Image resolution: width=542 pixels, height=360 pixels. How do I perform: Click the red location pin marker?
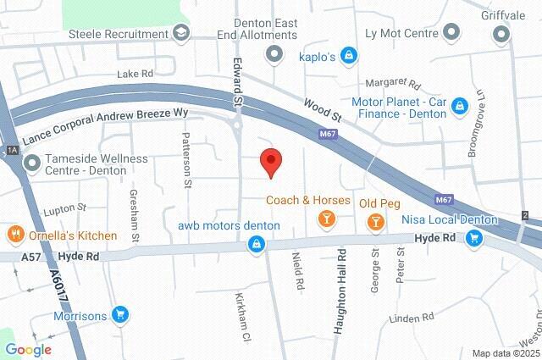pos(270,161)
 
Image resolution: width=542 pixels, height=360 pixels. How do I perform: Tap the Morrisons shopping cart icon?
pos(121,316)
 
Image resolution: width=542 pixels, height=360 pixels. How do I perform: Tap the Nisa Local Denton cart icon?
pos(474,240)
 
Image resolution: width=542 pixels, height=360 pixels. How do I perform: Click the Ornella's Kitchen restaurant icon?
pos(14,235)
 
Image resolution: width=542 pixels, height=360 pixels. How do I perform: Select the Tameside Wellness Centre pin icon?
pos(32,163)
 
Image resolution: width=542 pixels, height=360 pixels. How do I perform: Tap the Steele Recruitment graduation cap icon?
pos(180,33)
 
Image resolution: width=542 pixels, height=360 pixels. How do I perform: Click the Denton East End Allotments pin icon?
pos(274,55)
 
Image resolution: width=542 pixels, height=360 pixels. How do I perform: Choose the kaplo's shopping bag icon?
pos(349,57)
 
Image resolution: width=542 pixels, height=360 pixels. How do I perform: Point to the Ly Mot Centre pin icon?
pos(452,33)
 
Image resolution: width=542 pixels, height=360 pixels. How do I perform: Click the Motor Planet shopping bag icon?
pos(459,106)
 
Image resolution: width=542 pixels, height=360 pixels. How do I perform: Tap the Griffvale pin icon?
pos(501,33)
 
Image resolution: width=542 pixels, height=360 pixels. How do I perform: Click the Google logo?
pos(28,349)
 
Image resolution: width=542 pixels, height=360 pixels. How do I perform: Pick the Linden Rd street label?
pos(411,318)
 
